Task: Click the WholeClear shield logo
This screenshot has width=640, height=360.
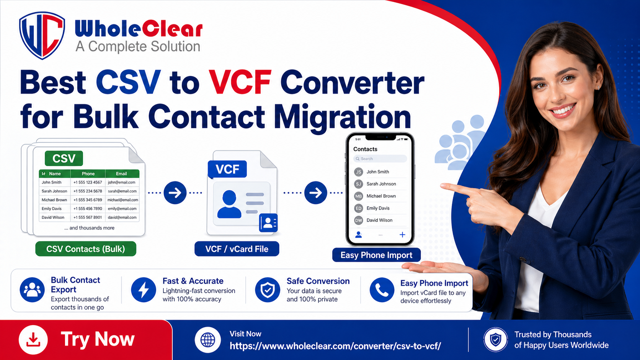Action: pos(42,35)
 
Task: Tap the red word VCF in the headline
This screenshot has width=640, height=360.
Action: pos(240,82)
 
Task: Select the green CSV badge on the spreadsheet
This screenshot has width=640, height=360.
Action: pos(64,158)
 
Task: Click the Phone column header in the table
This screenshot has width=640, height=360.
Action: pos(88,174)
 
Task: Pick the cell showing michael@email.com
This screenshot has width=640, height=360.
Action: pos(122,200)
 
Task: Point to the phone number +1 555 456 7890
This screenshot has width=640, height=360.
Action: pos(88,209)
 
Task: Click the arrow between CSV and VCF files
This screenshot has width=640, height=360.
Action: pos(175,193)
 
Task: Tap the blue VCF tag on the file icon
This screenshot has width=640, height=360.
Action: pos(227,169)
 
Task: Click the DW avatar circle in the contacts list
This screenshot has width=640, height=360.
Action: pos(359,220)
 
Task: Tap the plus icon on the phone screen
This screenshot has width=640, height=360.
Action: pos(402,235)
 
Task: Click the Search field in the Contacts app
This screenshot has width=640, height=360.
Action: pos(380,159)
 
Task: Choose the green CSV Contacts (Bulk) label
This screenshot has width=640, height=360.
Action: pos(86,249)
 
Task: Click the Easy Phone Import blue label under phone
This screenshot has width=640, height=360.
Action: pos(376,255)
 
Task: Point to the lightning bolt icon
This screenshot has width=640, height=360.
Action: pos(144,290)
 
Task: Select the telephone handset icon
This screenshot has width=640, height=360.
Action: pos(382,290)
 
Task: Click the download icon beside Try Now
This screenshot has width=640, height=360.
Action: pos(33,340)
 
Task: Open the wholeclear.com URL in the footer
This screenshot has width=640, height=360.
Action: pos(335,346)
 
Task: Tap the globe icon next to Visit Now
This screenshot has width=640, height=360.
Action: pos(208,340)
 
